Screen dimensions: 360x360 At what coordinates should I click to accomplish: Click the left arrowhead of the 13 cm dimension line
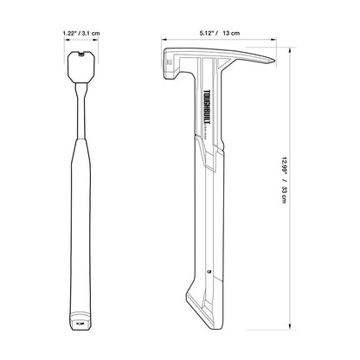(164, 40)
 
